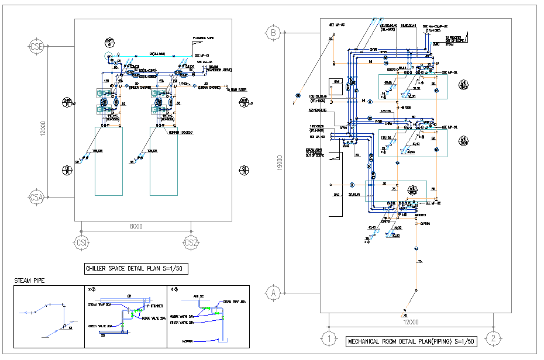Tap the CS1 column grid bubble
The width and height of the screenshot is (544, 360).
click(81, 243)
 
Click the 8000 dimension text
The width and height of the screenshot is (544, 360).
click(135, 226)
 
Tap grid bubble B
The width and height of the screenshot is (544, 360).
click(273, 33)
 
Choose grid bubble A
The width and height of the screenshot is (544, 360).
click(273, 293)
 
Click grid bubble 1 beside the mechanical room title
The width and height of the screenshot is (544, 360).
click(330, 338)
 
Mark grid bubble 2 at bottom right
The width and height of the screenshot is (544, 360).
click(494, 338)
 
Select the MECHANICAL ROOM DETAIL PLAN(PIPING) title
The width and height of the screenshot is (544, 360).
click(411, 341)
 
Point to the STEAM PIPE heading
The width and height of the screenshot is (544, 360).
click(29, 281)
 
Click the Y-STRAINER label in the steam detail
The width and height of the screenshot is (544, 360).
click(153, 305)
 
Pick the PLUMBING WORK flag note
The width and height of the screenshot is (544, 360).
click(204, 39)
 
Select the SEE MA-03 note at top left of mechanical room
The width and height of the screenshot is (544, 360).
click(337, 25)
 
